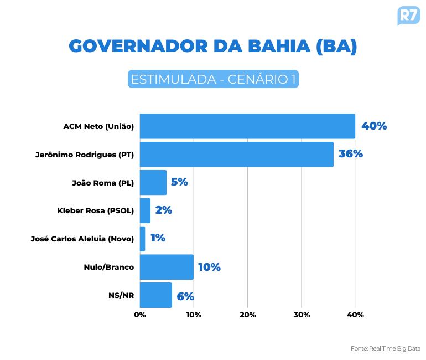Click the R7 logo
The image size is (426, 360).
[x=409, y=16]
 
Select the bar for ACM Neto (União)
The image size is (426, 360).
[x=247, y=126]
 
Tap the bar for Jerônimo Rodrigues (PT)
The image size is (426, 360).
[x=237, y=154]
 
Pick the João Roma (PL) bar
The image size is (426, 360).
[x=153, y=182]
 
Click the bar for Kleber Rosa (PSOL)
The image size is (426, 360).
[x=145, y=210]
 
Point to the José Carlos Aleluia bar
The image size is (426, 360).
[x=142, y=239]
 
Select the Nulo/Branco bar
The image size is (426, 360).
[x=167, y=267]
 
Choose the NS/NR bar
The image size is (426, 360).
[x=156, y=295]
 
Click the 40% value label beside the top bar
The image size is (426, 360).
[x=374, y=126]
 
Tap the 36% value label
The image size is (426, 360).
[x=351, y=154]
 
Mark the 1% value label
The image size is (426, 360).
[x=158, y=238]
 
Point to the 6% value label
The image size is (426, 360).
[x=185, y=296]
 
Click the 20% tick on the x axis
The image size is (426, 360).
[x=247, y=315]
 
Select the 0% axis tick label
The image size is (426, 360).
[x=140, y=315]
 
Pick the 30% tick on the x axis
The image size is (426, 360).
[x=302, y=315]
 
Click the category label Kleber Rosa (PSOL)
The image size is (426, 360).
[x=96, y=210]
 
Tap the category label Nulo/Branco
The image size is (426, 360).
[x=109, y=267]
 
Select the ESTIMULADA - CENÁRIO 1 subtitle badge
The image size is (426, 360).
[x=213, y=79]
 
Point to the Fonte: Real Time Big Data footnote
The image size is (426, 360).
[x=386, y=348]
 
